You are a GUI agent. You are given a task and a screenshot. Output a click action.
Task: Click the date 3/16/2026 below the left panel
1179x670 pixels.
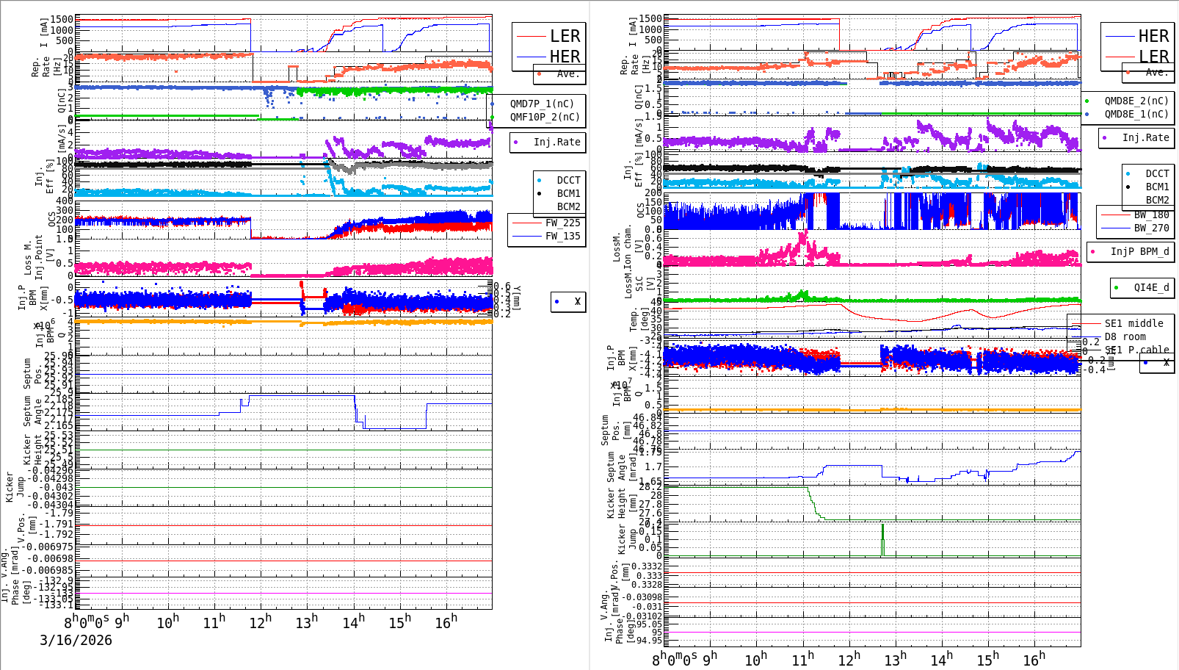76,640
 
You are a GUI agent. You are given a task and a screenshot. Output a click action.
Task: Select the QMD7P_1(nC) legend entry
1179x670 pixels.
542,104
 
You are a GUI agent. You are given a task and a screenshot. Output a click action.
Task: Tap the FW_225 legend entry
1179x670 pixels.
562,223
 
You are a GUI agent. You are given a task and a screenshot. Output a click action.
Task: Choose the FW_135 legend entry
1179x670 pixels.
562,236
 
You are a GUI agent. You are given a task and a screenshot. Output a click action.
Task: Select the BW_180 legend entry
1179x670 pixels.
1151,215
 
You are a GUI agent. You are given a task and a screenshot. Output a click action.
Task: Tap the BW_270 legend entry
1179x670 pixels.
1151,228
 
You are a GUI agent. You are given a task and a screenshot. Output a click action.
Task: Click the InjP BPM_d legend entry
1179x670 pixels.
1139,251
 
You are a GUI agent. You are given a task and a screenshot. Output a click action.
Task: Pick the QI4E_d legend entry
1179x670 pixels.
1150,287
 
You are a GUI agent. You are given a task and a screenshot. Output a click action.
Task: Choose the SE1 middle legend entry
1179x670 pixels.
1133,323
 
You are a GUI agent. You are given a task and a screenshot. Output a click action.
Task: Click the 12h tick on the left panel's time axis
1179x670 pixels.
260,622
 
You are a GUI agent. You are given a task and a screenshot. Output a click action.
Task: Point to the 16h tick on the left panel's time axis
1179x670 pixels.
446,622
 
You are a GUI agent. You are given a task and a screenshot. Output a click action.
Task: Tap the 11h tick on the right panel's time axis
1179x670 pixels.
802,659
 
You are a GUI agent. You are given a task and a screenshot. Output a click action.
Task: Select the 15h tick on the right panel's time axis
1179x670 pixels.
987,659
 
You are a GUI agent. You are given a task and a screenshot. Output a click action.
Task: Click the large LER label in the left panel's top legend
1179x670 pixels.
565,36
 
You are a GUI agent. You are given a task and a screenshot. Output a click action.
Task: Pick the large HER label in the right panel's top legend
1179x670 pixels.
1153,36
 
